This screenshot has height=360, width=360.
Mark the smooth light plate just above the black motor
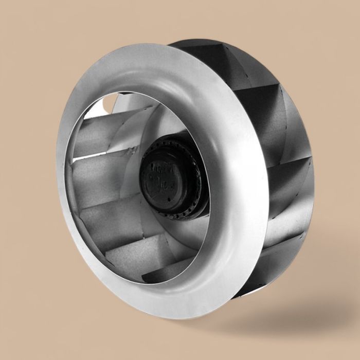[165, 123]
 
